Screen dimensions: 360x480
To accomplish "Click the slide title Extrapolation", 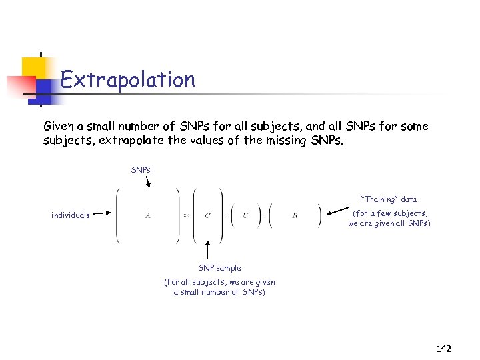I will [x=127, y=80].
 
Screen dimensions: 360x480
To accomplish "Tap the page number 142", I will [x=443, y=348].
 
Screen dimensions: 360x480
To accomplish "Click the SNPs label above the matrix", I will [x=141, y=170].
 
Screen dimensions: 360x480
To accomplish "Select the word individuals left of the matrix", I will [x=70, y=215].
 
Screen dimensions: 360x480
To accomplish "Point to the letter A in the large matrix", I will [x=147, y=215].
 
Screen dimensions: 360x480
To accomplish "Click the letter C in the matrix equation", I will [x=207, y=215].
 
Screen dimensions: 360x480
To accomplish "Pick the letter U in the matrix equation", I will [x=245, y=215].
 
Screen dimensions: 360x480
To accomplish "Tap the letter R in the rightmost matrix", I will [x=295, y=215].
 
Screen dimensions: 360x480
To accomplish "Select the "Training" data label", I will [x=389, y=199].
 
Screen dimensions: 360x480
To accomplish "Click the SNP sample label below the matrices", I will [x=219, y=268].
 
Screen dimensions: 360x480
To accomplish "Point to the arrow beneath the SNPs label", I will [x=147, y=182].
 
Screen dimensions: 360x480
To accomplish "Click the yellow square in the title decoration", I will [x=38, y=69].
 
